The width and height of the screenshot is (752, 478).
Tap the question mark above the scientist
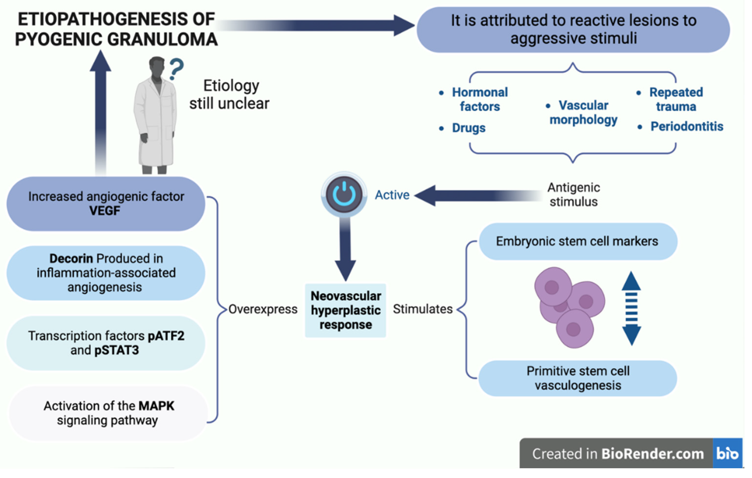pos(176,69)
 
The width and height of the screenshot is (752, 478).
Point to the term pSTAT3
pos(117,350)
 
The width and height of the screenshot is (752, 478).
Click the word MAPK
pos(156,406)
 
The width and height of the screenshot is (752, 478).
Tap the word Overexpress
pos(263,309)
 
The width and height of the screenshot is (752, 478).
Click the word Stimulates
pos(423,309)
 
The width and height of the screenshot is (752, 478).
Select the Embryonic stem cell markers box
pos(578,241)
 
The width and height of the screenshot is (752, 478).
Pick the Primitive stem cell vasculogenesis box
pos(578,378)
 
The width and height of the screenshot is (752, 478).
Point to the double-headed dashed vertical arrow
pos(631,308)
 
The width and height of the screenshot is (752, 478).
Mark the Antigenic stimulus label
pos(574,194)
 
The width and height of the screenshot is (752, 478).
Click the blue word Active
pos(392,195)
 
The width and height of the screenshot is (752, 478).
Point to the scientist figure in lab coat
pos(155,115)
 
